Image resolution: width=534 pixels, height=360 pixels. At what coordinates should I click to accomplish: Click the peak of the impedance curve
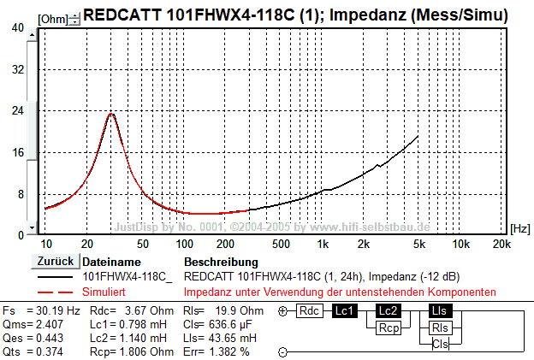(x=110, y=113)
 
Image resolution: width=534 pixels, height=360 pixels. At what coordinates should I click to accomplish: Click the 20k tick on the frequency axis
(x=502, y=244)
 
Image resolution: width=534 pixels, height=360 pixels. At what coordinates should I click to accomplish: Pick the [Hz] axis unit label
(x=519, y=228)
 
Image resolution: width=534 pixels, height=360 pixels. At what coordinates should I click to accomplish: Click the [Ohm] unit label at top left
(x=52, y=17)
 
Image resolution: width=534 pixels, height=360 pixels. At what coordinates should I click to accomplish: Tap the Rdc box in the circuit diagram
(x=310, y=311)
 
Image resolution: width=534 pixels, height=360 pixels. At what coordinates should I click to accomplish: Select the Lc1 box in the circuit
(x=344, y=311)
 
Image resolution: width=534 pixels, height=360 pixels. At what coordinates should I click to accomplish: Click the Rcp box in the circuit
(x=388, y=328)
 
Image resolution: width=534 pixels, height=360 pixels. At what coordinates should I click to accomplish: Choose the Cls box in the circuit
(x=439, y=344)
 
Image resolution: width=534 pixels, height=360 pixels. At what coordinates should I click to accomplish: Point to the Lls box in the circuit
(x=439, y=311)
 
